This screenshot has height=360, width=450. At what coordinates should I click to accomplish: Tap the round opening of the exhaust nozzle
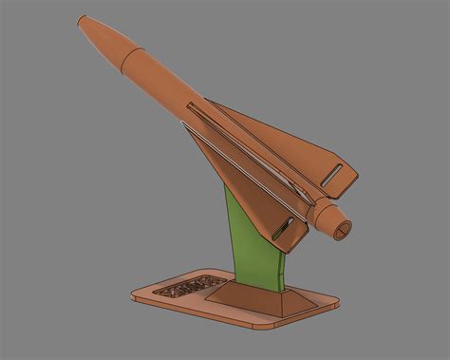[x=342, y=228]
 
